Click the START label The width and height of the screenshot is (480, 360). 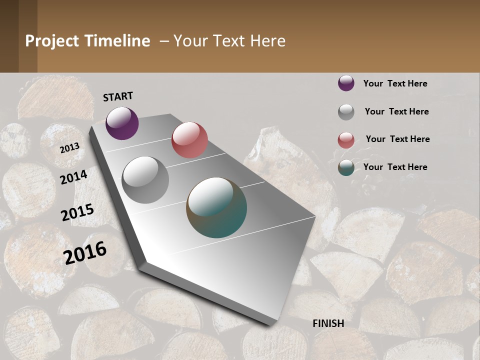click(x=118, y=96)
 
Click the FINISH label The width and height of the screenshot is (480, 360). click(x=328, y=323)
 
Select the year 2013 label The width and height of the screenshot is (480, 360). click(x=69, y=147)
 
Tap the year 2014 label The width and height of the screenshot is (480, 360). click(x=73, y=177)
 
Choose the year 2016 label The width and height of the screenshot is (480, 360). click(x=85, y=252)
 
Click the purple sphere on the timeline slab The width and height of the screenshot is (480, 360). click(x=122, y=123)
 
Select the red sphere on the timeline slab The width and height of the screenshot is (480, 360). click(x=189, y=140)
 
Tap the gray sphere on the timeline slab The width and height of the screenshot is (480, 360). click(x=145, y=180)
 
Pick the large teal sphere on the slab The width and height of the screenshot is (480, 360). click(x=216, y=207)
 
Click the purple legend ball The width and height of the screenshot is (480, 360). click(x=346, y=83)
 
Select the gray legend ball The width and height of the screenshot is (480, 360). click(x=346, y=112)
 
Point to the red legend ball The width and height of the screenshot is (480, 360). click(x=346, y=140)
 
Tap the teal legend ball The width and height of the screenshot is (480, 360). click(x=346, y=168)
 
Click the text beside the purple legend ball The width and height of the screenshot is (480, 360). click(x=395, y=83)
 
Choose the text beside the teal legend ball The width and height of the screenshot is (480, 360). click(x=395, y=167)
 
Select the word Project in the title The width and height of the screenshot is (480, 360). click(x=52, y=41)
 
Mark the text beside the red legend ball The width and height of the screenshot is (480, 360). click(x=397, y=139)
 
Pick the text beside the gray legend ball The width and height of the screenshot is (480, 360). click(x=396, y=111)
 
